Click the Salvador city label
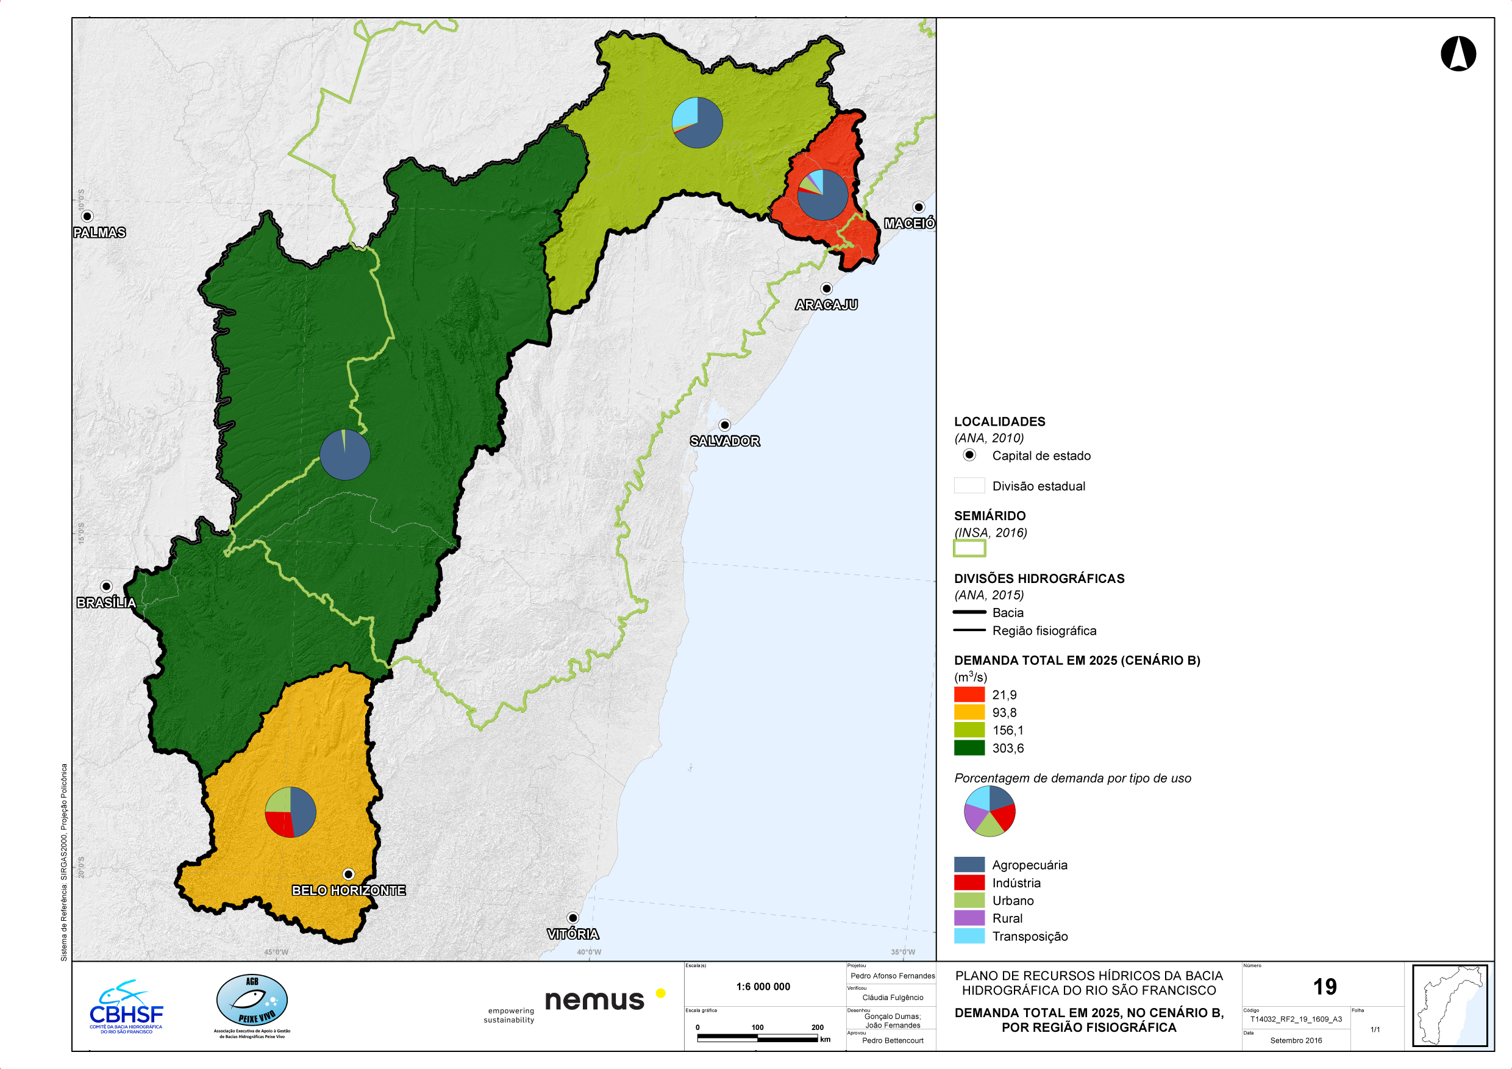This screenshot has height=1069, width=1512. click(x=724, y=442)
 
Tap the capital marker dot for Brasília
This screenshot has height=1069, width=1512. click(x=106, y=586)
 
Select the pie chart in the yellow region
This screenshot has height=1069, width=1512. click(x=290, y=812)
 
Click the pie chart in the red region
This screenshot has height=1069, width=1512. click(x=822, y=195)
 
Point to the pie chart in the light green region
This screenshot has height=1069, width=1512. click(x=697, y=123)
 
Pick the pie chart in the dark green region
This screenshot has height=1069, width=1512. click(x=345, y=454)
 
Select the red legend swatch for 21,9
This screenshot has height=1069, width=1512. click(x=969, y=694)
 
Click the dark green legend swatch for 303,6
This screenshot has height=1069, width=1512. click(x=969, y=748)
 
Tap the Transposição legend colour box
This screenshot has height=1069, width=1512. click(x=969, y=936)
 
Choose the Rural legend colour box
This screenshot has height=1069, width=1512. click(x=969, y=918)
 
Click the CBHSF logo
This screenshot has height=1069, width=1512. click(x=126, y=1007)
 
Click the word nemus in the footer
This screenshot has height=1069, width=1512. click(x=594, y=1001)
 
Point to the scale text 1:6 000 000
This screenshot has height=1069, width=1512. click(x=763, y=987)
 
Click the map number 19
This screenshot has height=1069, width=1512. click(x=1324, y=987)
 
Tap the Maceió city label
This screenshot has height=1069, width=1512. click(x=909, y=224)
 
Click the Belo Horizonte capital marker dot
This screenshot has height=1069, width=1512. click(x=348, y=874)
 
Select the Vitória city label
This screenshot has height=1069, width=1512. click(x=573, y=934)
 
